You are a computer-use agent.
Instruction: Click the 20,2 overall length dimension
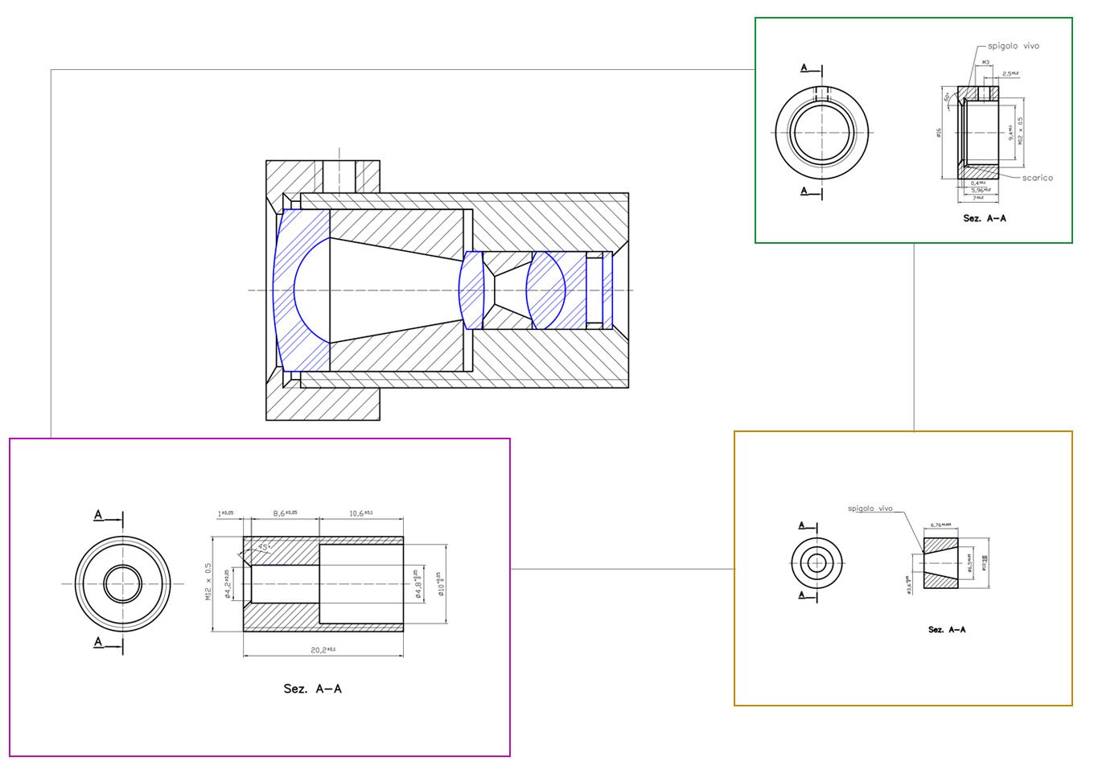pyautogui.click(x=323, y=649)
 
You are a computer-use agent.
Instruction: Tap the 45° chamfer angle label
pyautogui.click(x=263, y=547)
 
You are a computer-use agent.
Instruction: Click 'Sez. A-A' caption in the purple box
pyautogui.click(x=312, y=689)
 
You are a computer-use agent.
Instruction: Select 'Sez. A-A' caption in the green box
pyautogui.click(x=985, y=218)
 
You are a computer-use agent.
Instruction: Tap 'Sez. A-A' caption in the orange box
pyautogui.click(x=947, y=630)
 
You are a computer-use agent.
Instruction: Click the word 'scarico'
pyautogui.click(x=1037, y=178)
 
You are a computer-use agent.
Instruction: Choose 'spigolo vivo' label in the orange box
pyautogui.click(x=870, y=508)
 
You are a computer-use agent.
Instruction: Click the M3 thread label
pyautogui.click(x=985, y=62)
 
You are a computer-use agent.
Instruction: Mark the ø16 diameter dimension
pyautogui.click(x=939, y=132)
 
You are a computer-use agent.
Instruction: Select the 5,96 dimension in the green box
pyautogui.click(x=981, y=190)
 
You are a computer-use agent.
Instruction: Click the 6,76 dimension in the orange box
pyautogui.click(x=940, y=525)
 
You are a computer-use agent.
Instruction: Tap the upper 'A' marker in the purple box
pyautogui.click(x=99, y=515)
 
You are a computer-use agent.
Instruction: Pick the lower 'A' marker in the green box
pyautogui.click(x=804, y=191)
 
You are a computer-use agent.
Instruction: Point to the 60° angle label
pyautogui.click(x=947, y=97)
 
